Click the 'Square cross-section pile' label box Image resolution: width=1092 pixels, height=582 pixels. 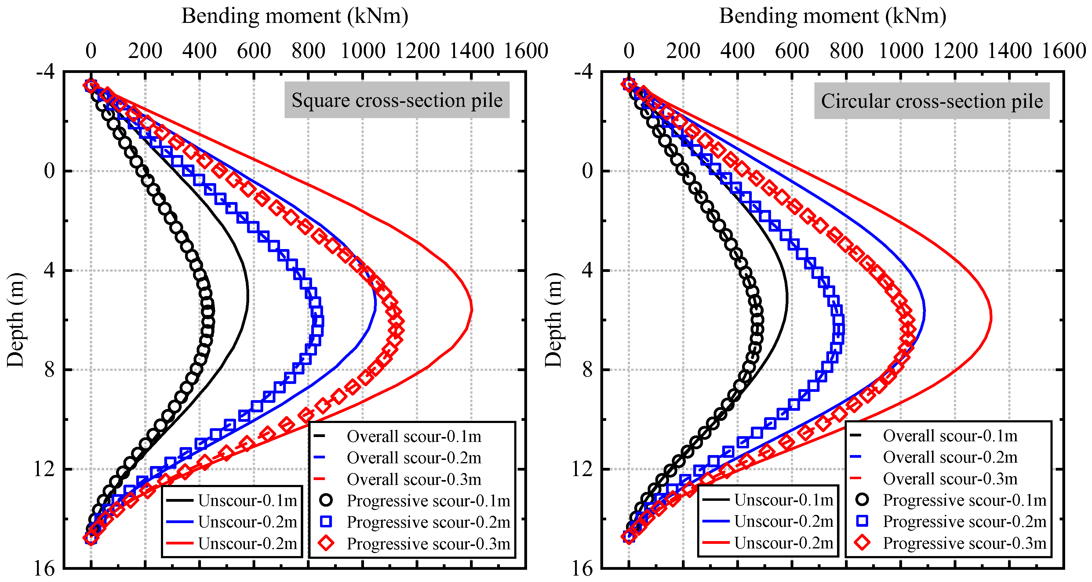point(397,100)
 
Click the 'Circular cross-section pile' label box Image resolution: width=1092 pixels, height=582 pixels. point(931,101)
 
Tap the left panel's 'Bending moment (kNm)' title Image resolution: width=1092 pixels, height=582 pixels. point(295,16)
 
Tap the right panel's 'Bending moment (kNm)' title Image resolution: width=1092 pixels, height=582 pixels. point(832,16)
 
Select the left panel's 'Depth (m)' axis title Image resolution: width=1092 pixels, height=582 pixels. point(16,320)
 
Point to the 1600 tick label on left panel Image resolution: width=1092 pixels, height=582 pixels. point(526,51)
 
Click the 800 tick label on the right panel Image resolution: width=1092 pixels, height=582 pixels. point(846,51)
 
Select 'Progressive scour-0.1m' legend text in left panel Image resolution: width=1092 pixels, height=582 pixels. point(428,501)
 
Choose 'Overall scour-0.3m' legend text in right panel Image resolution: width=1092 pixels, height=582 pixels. point(950,479)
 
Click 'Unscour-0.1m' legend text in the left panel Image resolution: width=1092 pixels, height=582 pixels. point(248,501)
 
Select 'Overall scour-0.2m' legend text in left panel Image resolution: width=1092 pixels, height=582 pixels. point(414,458)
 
